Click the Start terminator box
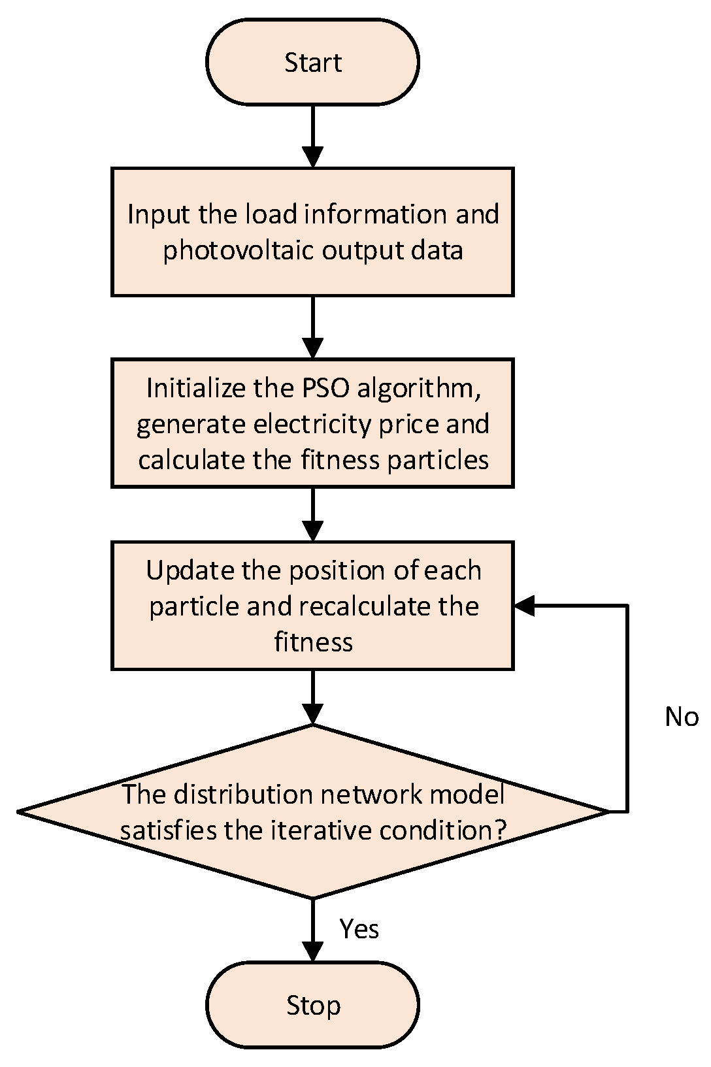pos(312,62)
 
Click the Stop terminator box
pos(312,1005)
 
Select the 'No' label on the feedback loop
pos(681,717)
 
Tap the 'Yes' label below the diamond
pos(359,928)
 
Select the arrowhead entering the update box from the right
pos(525,606)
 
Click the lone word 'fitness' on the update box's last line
pos(313,642)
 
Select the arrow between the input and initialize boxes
pos(313,327)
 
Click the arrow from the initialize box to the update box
pos(313,514)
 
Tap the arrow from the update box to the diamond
pos(313,697)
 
